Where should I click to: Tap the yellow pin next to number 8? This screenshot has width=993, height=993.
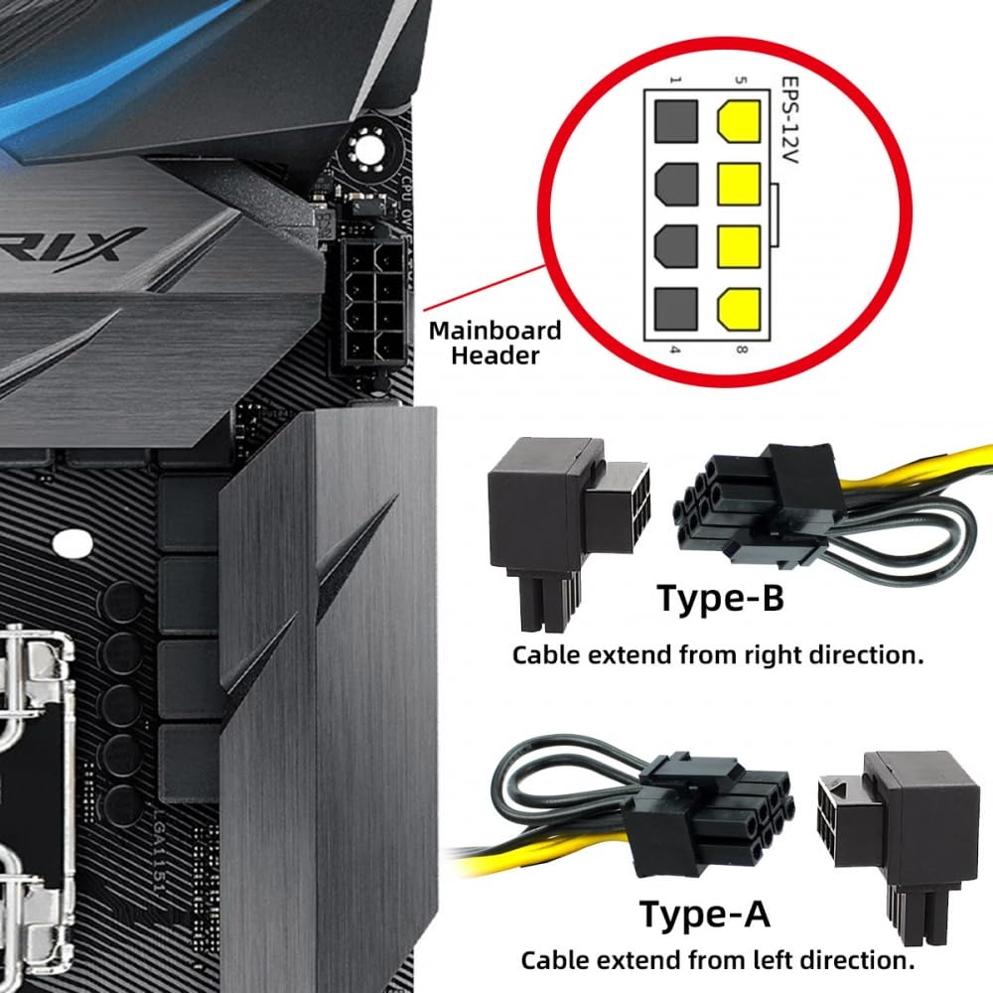(x=738, y=311)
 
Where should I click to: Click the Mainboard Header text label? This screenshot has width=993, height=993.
(x=495, y=343)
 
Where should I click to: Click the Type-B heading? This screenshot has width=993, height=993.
(x=720, y=600)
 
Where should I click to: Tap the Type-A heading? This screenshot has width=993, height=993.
(x=704, y=912)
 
